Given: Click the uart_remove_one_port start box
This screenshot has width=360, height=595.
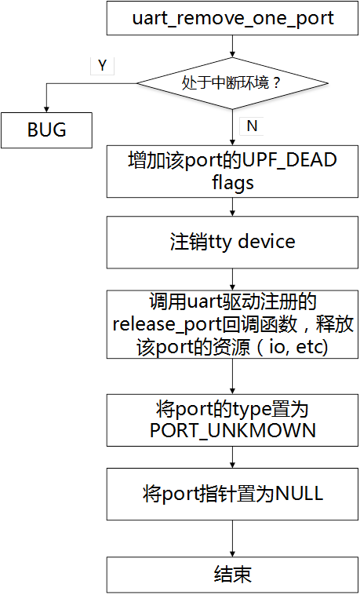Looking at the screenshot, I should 232,19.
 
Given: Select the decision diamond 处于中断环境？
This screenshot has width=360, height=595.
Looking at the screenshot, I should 232,82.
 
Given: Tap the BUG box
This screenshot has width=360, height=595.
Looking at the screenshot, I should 47,130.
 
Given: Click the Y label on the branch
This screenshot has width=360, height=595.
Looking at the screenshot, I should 102,66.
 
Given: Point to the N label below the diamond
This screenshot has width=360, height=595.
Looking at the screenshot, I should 252,126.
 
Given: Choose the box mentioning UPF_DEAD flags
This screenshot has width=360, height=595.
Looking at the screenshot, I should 232,172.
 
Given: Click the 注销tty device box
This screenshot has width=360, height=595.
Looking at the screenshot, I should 232,241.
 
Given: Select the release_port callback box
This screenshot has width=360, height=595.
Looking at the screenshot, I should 232,324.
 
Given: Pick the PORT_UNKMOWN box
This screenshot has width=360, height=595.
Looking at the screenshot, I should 232,419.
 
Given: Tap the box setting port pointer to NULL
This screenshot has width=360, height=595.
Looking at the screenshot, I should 232,495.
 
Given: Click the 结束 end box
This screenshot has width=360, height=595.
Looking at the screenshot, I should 232,575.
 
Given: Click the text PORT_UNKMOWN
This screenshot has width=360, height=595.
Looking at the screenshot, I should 232,429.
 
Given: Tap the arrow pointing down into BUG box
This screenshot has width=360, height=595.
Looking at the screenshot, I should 47,102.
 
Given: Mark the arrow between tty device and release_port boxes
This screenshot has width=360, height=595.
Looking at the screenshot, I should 232,278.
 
